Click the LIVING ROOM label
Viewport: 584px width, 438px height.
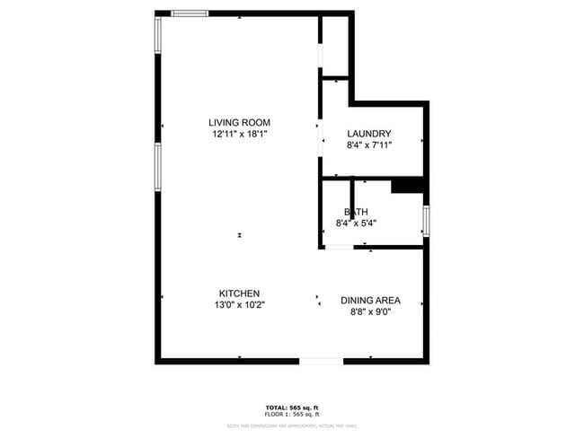pos(239,123)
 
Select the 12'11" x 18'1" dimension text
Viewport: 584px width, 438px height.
pos(239,134)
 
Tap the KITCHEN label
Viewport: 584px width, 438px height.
pos(239,293)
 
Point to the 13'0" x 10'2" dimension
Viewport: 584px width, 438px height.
pos(239,304)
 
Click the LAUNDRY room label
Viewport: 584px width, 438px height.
pos(369,134)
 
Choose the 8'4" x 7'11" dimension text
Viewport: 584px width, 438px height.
pos(369,145)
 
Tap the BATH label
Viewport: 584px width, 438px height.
pos(356,212)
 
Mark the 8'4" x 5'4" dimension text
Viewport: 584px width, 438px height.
pos(356,223)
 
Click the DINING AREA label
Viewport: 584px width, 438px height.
pos(370,301)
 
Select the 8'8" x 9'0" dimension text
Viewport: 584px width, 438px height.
pos(370,311)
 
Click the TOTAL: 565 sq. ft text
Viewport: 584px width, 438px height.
pos(291,407)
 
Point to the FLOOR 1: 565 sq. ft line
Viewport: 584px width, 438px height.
pos(291,414)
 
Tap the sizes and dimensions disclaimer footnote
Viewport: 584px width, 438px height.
pos(291,425)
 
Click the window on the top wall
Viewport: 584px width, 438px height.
pos(190,13)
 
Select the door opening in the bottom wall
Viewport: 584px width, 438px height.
pos(321,361)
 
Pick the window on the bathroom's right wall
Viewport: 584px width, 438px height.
pos(426,220)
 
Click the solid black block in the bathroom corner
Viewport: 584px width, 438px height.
pos(407,185)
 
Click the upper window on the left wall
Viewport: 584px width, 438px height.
pos(158,36)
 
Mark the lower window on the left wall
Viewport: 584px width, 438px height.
pos(158,169)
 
